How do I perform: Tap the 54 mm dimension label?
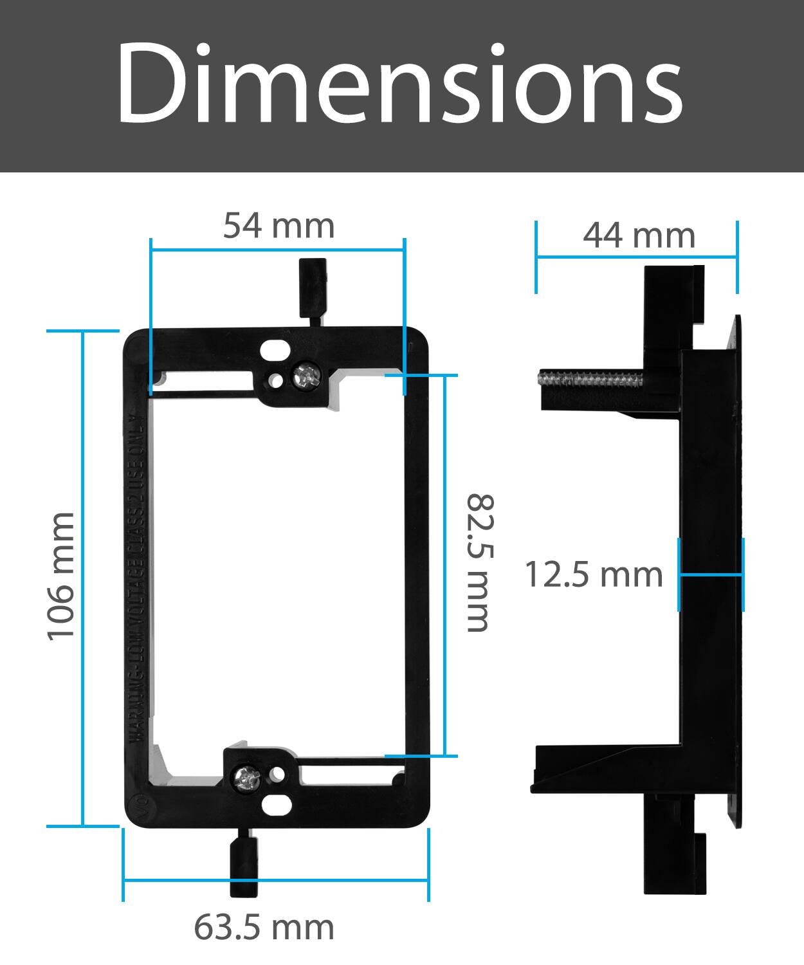point(279,226)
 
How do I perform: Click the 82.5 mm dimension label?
point(479,563)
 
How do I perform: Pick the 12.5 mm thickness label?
point(593,574)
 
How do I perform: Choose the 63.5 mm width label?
point(264,927)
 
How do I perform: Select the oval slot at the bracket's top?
point(274,351)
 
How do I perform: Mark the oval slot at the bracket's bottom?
point(277,804)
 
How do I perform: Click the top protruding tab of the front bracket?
point(313,289)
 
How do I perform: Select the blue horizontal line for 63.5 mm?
point(275,881)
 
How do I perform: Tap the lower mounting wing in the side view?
point(605,769)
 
